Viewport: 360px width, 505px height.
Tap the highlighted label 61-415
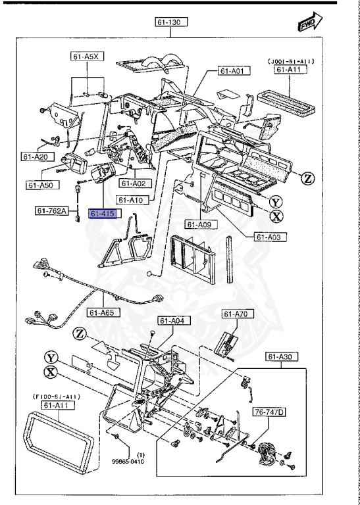click(x=103, y=214)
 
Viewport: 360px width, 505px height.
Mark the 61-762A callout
click(x=53, y=211)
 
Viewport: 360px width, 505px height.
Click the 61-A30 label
click(x=282, y=356)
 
